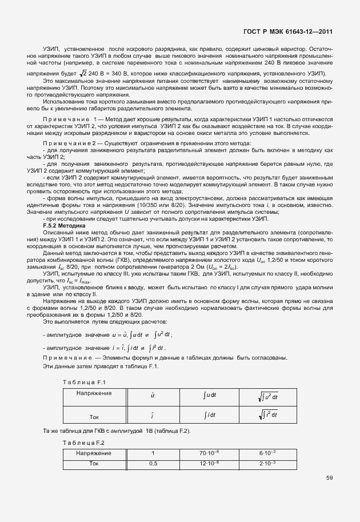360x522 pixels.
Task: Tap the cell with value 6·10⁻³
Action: click(267, 453)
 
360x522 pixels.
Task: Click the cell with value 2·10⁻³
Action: click(267, 463)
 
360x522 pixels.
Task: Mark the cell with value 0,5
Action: click(153, 463)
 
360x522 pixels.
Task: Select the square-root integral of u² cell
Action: click(267, 396)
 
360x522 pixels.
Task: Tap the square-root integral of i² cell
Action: click(267, 414)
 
